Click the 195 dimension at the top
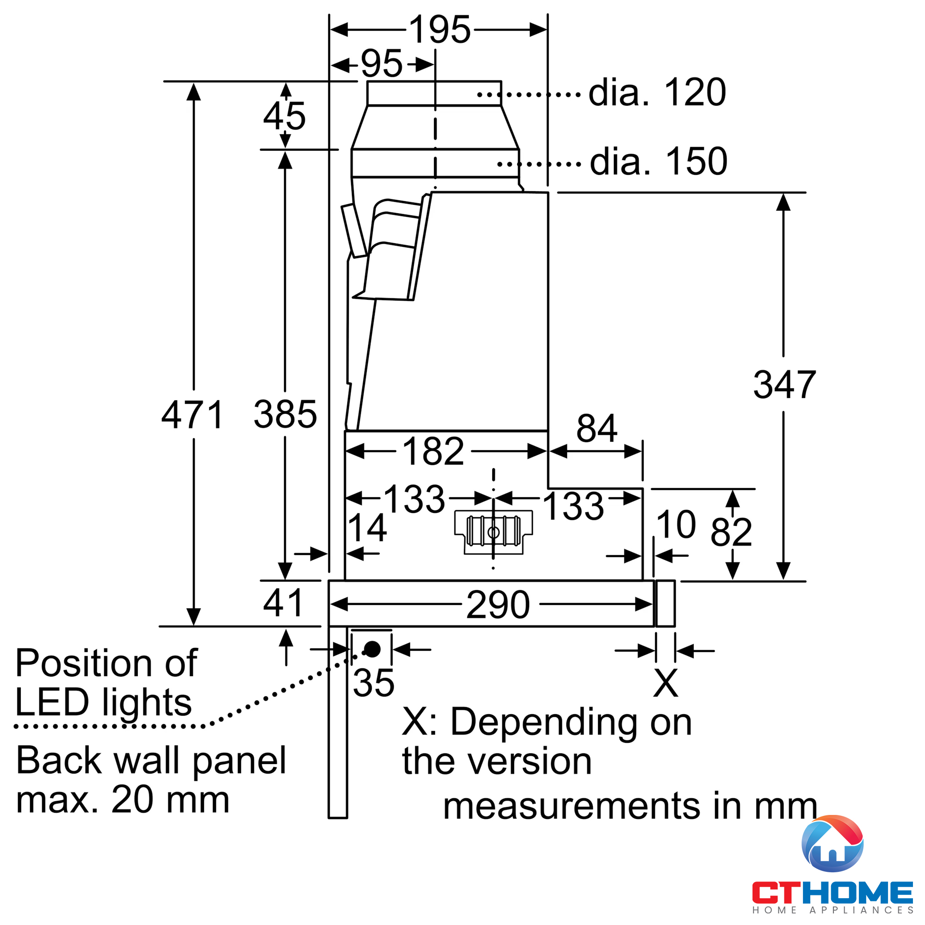click(x=440, y=29)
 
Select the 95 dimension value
click(x=382, y=64)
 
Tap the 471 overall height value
click(x=192, y=414)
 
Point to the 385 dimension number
click(x=285, y=414)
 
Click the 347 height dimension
click(x=784, y=384)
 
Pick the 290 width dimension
click(x=498, y=604)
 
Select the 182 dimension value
click(x=433, y=451)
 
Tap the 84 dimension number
click(x=596, y=429)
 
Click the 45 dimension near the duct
click(x=284, y=117)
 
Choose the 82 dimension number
click(x=731, y=532)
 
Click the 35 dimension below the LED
click(x=373, y=683)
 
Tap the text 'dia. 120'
click(x=657, y=92)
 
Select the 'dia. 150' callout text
click(x=658, y=162)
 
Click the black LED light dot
click(x=372, y=650)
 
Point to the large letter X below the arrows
click(x=666, y=683)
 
